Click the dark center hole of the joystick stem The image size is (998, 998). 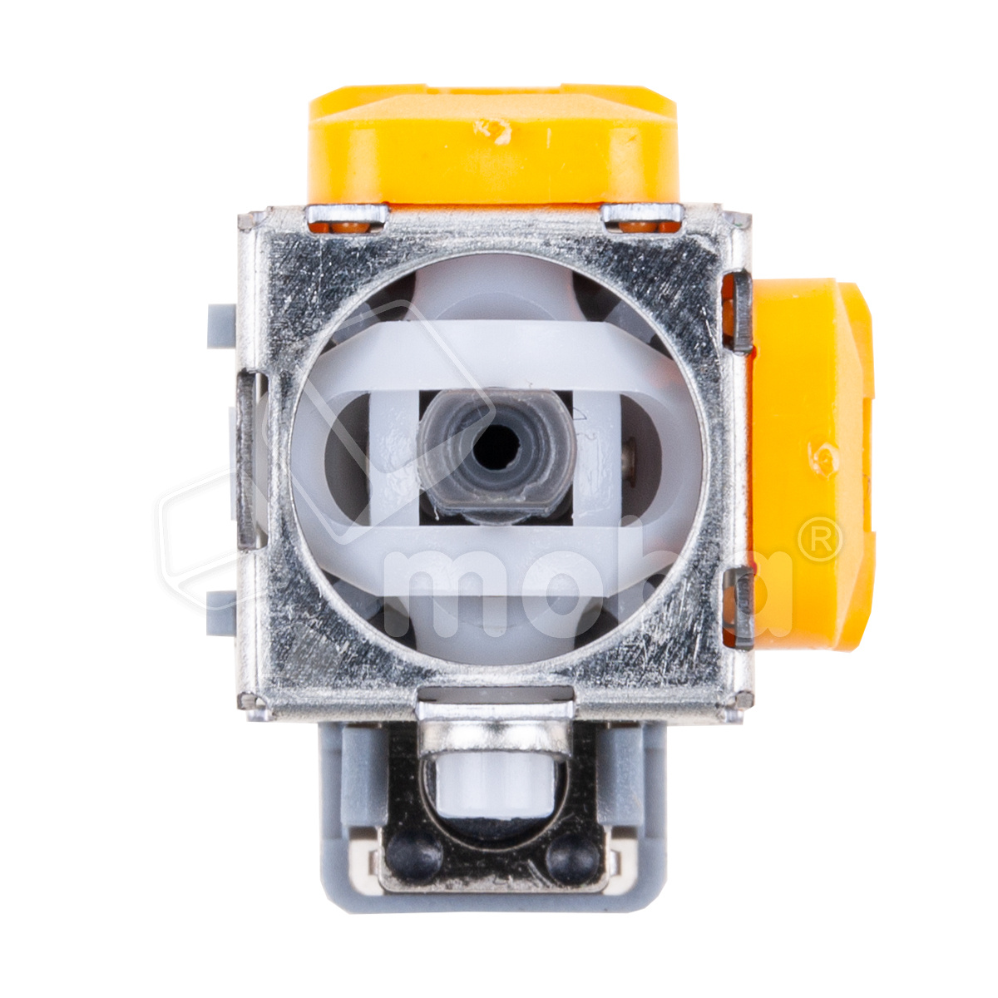pos(497,447)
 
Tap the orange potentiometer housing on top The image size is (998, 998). pos(493,144)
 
